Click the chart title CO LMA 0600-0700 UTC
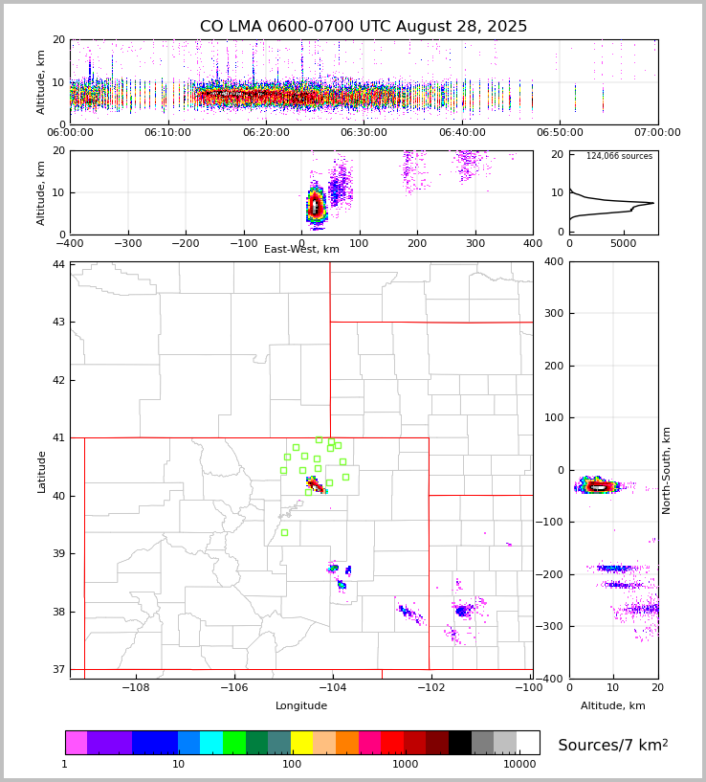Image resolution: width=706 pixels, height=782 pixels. tap(364, 27)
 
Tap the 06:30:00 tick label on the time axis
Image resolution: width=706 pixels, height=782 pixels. tap(364, 133)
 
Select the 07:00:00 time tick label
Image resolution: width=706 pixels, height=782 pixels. tap(657, 133)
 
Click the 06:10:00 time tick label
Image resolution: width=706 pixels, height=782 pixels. tap(168, 133)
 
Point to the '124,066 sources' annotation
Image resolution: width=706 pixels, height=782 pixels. tap(619, 156)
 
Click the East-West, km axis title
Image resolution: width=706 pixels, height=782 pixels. tap(301, 250)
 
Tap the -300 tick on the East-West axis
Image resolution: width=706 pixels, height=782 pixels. tap(128, 243)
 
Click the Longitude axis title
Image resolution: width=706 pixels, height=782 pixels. tap(301, 706)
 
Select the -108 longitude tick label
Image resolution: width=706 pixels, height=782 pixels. tap(135, 687)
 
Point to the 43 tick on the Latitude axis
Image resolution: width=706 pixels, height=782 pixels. tap(59, 322)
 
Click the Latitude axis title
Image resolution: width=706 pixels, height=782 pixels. tap(41, 471)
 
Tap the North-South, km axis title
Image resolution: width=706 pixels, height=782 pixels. tap(667, 470)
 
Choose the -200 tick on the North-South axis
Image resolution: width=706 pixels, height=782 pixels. tap(553, 574)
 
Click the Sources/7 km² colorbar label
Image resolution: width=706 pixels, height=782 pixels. tap(613, 745)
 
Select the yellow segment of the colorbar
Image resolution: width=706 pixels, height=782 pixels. tap(301, 743)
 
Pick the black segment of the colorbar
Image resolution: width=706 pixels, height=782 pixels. tap(460, 743)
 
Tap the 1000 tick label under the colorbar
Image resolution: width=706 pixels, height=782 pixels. tap(405, 765)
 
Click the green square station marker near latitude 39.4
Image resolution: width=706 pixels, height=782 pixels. tap(284, 532)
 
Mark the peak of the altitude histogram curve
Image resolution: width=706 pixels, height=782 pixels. tap(653, 203)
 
